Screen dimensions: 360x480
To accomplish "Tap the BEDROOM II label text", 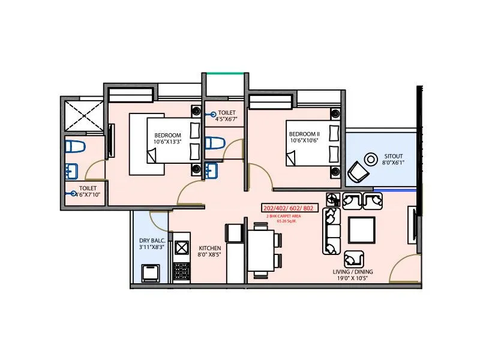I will coord(305,133).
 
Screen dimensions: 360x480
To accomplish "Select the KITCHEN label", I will coord(210,248).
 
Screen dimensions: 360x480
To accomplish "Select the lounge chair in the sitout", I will coord(359,172).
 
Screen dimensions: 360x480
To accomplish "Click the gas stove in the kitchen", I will coord(181,272).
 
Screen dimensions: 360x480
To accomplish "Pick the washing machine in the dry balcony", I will coord(149,273).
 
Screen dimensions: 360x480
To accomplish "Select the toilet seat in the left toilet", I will coord(76,146).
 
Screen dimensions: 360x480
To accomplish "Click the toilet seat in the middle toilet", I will coord(214,143).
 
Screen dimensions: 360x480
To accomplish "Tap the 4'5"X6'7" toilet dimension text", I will coord(227,119).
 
